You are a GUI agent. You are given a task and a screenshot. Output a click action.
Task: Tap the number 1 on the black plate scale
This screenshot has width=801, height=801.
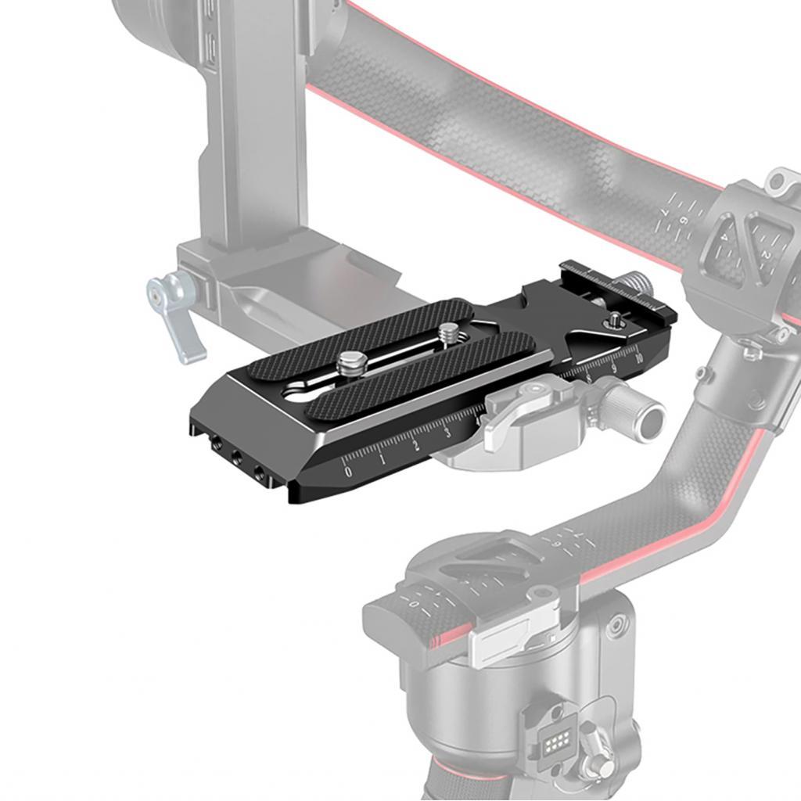(383, 458)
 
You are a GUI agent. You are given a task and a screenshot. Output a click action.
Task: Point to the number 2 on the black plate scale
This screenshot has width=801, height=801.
(415, 445)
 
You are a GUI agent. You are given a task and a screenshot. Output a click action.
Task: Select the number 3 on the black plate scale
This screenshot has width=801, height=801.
(447, 433)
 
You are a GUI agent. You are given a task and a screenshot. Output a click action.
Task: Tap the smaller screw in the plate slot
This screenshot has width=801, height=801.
(447, 333)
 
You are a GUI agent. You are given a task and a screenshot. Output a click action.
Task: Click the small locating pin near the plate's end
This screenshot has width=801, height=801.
(615, 319)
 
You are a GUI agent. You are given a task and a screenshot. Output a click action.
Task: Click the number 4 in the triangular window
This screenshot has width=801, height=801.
(726, 237)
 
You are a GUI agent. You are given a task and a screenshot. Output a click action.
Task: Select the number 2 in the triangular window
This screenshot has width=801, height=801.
(766, 255)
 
